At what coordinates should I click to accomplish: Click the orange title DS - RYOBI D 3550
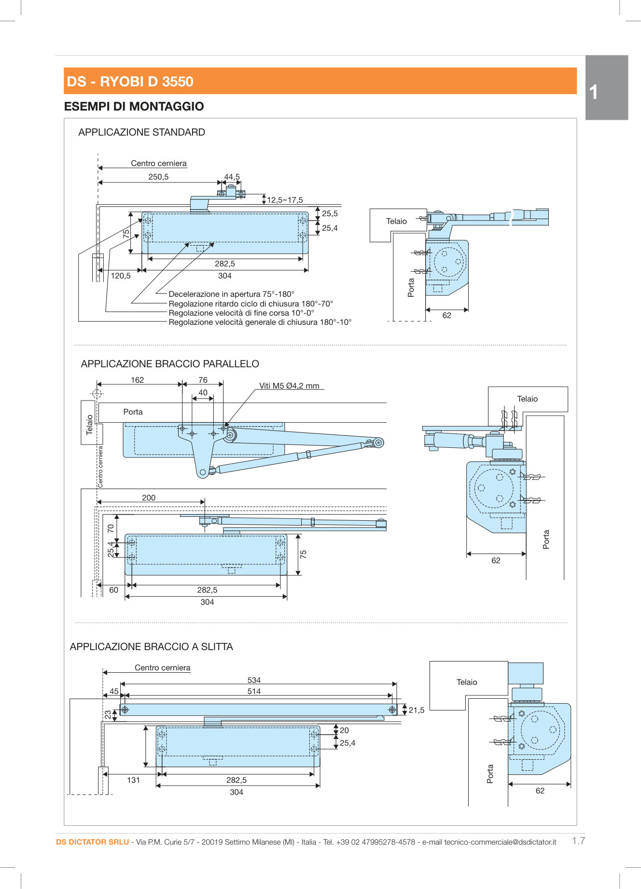[130, 82]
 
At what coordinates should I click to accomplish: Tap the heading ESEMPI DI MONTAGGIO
[134, 107]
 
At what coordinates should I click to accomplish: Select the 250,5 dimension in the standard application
[158, 177]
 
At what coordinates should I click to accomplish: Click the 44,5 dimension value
[232, 177]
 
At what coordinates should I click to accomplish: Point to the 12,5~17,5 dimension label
[285, 200]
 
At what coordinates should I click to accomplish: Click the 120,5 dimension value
[121, 276]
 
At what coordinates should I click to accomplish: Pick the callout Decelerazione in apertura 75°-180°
[231, 294]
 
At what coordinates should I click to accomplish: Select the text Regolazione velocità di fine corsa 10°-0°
[241, 313]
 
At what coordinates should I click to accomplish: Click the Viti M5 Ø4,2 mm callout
[289, 386]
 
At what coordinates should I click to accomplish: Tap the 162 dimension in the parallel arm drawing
[137, 380]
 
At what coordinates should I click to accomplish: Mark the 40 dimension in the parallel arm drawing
[203, 393]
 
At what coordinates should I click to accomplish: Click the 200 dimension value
[149, 498]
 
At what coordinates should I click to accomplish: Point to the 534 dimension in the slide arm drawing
[254, 681]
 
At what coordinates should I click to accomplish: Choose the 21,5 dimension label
[417, 710]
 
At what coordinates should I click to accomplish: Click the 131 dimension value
[133, 780]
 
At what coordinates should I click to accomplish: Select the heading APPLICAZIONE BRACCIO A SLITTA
[151, 647]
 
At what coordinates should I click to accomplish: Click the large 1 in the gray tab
[594, 92]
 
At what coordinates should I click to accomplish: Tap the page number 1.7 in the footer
[578, 841]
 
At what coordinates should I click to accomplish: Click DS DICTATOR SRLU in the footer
[92, 842]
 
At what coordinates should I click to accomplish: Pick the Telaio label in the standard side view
[396, 222]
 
